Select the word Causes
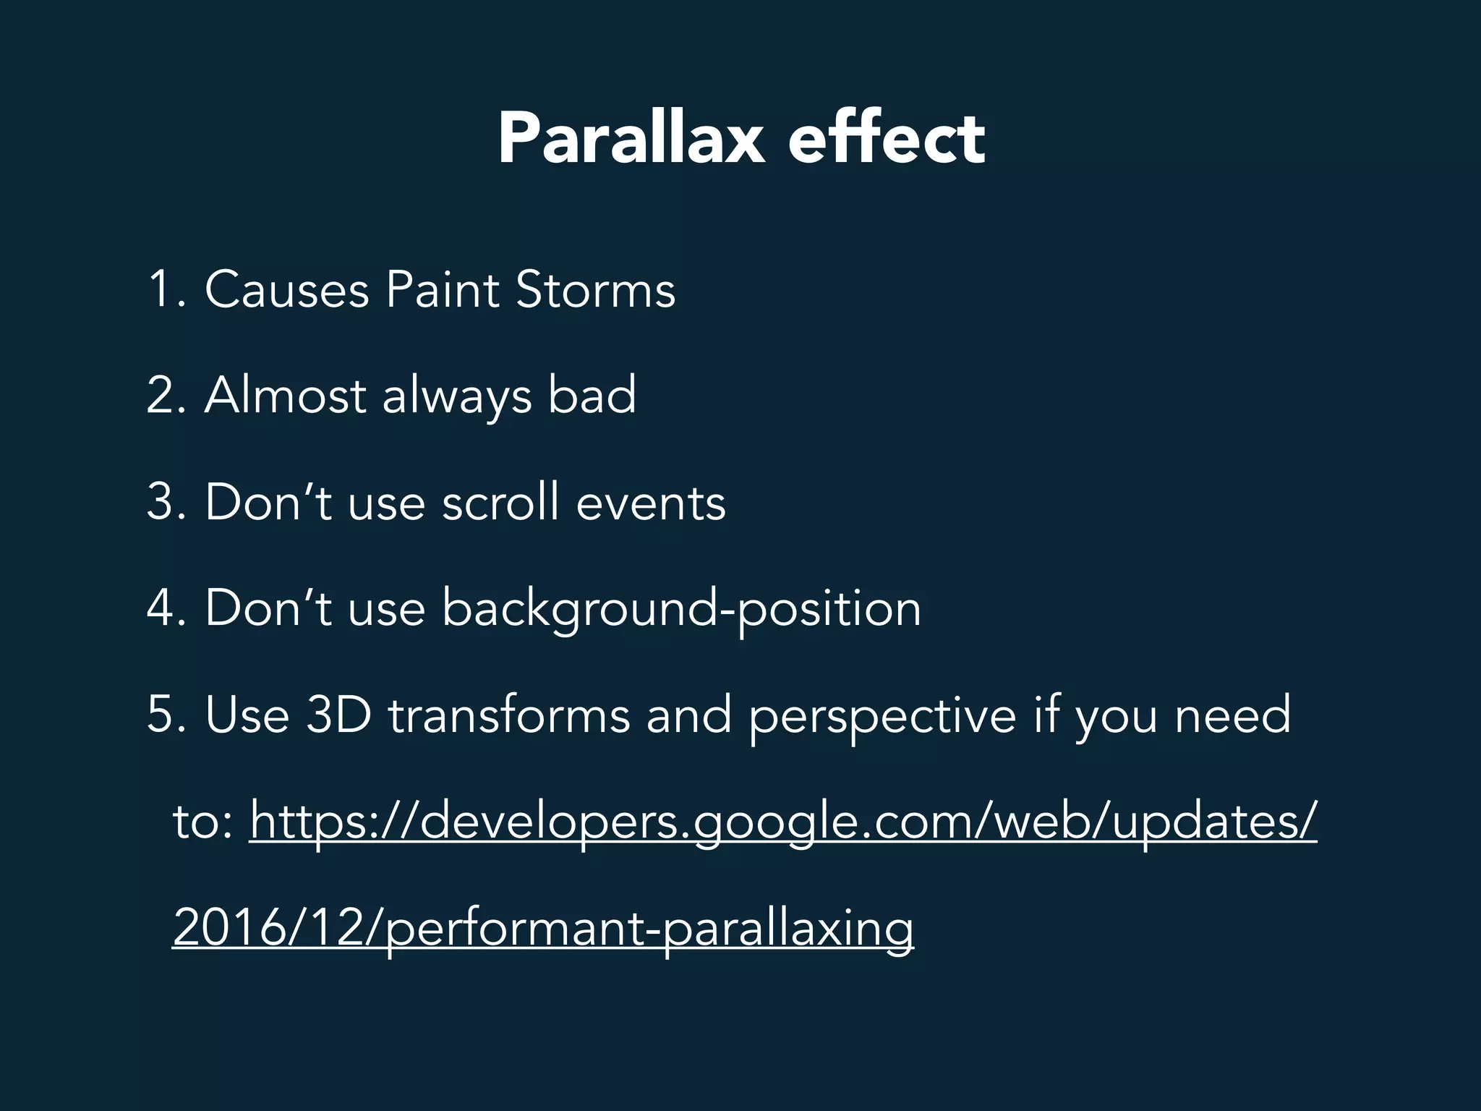tap(287, 289)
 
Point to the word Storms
tap(595, 289)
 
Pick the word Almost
tap(285, 396)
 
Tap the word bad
tap(592, 396)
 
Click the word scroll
tap(500, 502)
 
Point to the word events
tap(650, 502)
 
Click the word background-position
tap(681, 609)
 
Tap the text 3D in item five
tap(338, 715)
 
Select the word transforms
tap(509, 715)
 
